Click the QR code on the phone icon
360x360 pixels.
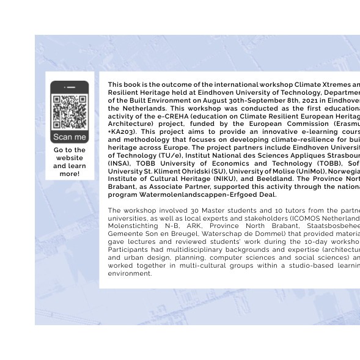point(70,112)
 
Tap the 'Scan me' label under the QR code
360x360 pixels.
point(70,137)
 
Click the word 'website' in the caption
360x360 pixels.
point(70,158)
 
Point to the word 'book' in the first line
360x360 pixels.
point(133,85)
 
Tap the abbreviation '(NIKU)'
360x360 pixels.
point(224,179)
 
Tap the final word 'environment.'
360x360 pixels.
point(130,273)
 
